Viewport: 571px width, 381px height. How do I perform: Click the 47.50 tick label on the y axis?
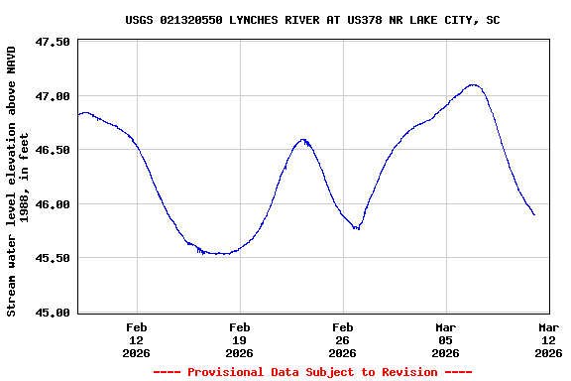53,43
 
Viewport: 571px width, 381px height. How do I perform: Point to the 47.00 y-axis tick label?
53,96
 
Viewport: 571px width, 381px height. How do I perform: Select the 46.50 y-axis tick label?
53,150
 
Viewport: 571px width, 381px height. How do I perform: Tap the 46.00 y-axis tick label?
53,204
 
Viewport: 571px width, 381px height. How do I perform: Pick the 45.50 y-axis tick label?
53,258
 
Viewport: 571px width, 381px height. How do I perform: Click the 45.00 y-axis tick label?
53,313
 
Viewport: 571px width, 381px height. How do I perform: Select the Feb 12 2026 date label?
137,339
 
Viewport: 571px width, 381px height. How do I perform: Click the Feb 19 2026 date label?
240,339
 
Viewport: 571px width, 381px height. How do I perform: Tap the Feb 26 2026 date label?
343,339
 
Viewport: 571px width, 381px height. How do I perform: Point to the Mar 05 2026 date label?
446,339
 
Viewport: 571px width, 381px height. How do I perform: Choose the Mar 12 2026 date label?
548,339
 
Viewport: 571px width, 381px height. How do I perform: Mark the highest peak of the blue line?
473,85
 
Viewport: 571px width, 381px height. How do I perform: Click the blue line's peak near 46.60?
303,140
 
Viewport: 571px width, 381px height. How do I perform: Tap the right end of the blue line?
534,214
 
